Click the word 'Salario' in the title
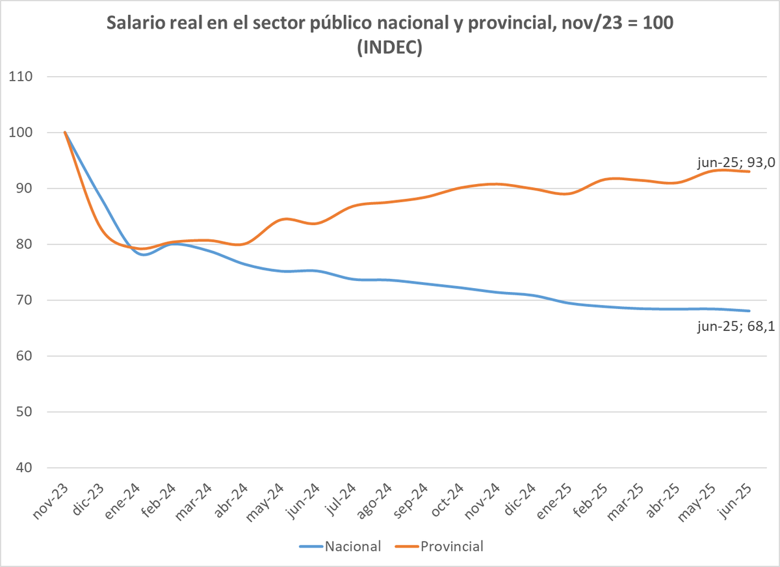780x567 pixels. point(135,24)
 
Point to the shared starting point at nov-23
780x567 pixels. point(65,133)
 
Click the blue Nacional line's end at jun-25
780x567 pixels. point(749,311)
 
